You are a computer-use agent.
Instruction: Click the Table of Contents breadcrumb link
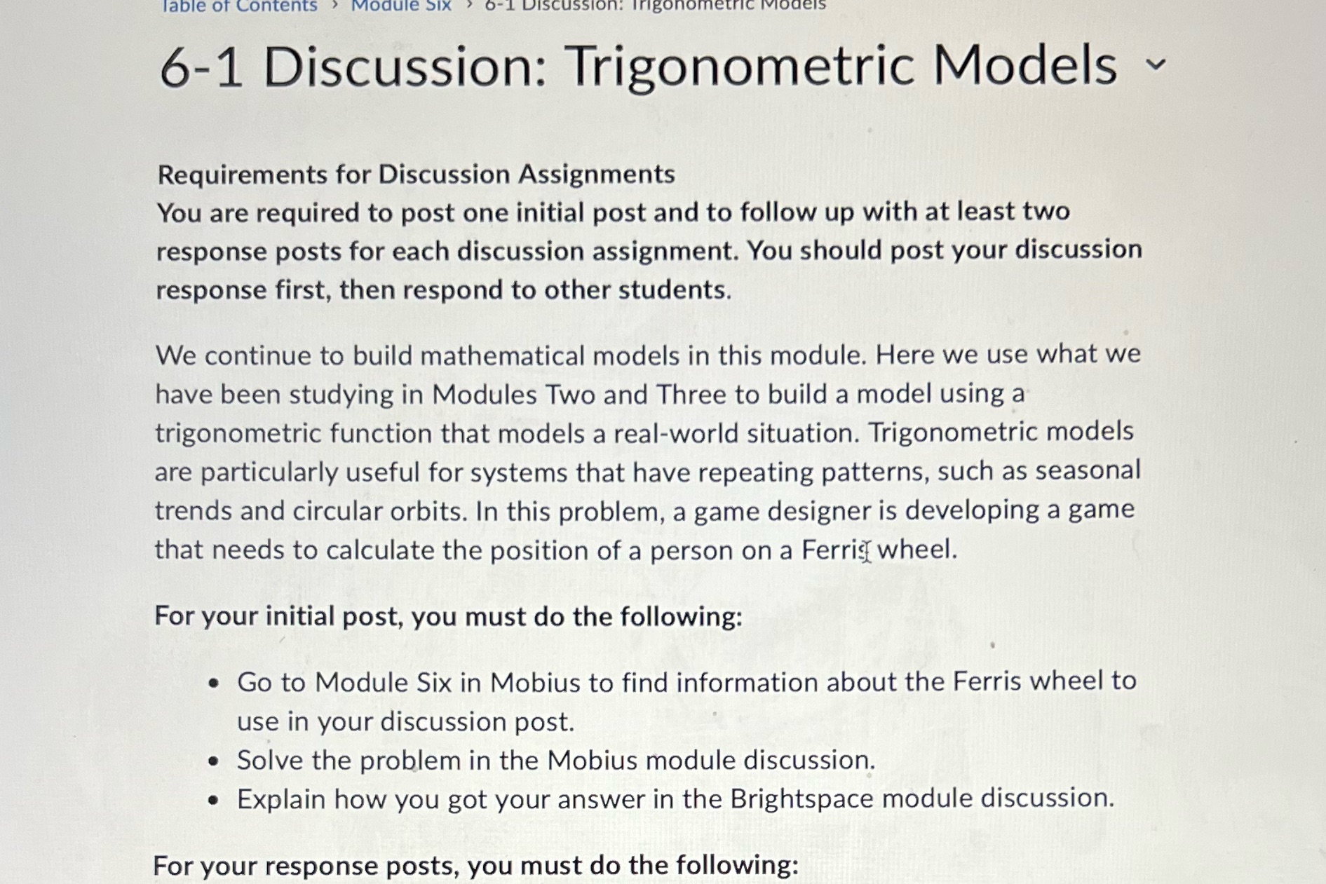[x=238, y=6]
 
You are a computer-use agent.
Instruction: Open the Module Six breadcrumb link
[x=400, y=6]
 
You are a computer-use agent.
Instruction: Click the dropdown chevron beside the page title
[x=1156, y=64]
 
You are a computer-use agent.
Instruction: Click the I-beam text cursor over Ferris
[x=867, y=551]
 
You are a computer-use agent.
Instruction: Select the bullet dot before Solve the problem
[x=214, y=761]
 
